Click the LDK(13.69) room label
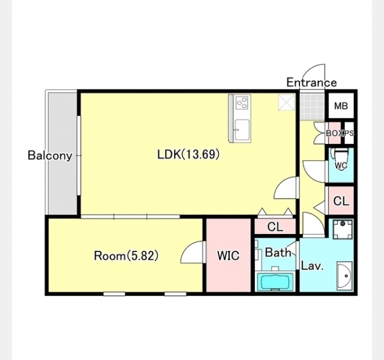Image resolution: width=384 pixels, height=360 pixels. (188, 155)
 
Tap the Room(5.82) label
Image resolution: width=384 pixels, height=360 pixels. (126, 256)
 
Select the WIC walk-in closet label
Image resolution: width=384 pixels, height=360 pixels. (228, 256)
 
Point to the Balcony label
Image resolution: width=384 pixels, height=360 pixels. (50, 155)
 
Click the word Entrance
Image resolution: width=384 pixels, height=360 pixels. (312, 82)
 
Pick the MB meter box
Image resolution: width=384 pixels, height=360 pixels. (341, 106)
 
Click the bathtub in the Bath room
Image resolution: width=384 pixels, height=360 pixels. (275, 282)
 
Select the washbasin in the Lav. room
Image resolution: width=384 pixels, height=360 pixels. (345, 276)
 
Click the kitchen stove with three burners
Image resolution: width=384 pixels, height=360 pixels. (242, 103)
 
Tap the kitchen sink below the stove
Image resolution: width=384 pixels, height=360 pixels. (241, 130)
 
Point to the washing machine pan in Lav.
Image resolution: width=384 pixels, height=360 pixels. (343, 229)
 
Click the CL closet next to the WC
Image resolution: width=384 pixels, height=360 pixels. (341, 201)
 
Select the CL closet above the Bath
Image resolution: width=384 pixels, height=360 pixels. (275, 227)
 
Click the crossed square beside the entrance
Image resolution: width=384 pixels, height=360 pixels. (287, 102)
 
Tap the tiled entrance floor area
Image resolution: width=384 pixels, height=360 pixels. (312, 107)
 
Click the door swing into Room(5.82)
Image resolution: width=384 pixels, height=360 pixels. (193, 252)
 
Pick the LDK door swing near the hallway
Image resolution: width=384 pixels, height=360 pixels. (286, 188)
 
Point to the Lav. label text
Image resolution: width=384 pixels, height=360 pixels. (312, 266)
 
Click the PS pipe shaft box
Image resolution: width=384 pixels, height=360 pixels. (349, 133)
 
